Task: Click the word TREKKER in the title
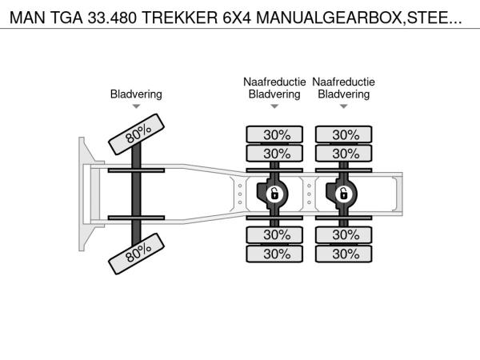pos(180,18)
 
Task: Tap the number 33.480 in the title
pos(112,18)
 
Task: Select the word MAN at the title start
pos(27,18)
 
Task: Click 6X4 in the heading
pos(237,18)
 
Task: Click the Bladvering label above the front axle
pos(136,94)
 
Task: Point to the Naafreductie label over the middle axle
pos(274,82)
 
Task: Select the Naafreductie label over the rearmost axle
pos(343,82)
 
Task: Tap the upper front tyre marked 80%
pos(137,134)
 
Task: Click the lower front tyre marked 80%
pos(137,254)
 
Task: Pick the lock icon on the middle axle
pos(274,194)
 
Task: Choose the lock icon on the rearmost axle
pos(343,194)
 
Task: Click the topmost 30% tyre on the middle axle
pos(274,134)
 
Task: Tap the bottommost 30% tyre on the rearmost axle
pos(343,254)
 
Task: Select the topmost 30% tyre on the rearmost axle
pos(343,134)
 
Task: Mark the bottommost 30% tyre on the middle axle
pos(274,254)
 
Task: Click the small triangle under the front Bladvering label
pos(136,106)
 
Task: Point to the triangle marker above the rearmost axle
pos(343,106)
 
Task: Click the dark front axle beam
pos(136,194)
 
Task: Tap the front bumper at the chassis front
pos(82,194)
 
